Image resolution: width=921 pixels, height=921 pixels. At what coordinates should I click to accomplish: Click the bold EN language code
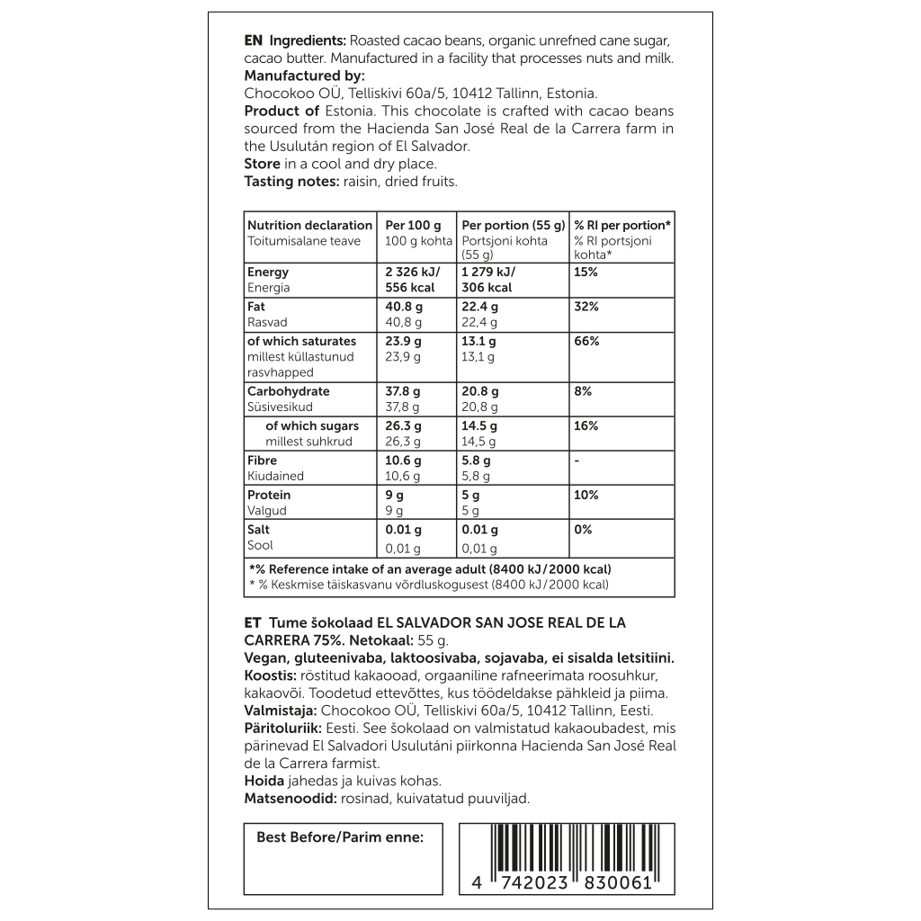pyautogui.click(x=254, y=41)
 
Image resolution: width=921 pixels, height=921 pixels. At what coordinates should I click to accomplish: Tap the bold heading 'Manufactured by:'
pyautogui.click(x=304, y=76)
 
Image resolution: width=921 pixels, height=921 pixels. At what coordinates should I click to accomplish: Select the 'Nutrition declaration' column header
pyautogui.click(x=309, y=225)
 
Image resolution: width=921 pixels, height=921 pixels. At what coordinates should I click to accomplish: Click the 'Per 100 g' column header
pyautogui.click(x=413, y=225)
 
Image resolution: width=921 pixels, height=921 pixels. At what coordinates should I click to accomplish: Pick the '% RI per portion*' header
pyautogui.click(x=622, y=225)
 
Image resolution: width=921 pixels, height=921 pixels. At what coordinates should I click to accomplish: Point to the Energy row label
pyautogui.click(x=268, y=272)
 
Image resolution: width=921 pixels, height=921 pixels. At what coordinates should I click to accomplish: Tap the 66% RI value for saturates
pyautogui.click(x=586, y=341)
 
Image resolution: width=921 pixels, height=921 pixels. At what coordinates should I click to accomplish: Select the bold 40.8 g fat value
pyautogui.click(x=404, y=307)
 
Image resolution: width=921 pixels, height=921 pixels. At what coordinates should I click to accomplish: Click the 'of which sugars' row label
pyautogui.click(x=312, y=425)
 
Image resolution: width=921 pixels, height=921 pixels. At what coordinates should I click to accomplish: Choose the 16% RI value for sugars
pyautogui.click(x=586, y=425)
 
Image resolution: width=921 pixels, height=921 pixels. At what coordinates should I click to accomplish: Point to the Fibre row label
pyautogui.click(x=264, y=460)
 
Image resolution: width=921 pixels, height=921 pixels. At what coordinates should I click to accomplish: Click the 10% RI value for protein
pyautogui.click(x=586, y=495)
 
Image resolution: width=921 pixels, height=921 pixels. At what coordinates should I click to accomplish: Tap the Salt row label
pyautogui.click(x=259, y=529)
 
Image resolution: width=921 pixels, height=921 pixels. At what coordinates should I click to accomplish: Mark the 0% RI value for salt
pyautogui.click(x=583, y=529)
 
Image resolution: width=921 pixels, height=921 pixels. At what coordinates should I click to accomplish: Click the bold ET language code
pyautogui.click(x=253, y=622)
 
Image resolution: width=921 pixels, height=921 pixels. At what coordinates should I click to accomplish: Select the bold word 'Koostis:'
pyautogui.click(x=270, y=675)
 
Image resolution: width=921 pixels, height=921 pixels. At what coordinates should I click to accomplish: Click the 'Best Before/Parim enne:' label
pyautogui.click(x=339, y=836)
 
